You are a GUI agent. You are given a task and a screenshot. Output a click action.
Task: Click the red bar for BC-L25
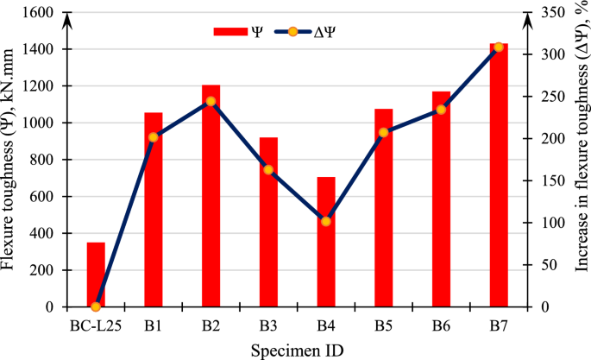(96, 275)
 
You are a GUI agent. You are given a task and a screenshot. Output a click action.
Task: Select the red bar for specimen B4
(325, 242)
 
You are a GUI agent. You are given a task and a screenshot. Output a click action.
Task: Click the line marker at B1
(154, 137)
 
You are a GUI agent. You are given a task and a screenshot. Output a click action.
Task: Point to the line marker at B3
(268, 170)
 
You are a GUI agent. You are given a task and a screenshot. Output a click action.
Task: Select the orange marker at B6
(441, 110)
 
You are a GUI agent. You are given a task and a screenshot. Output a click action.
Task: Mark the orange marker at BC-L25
(96, 306)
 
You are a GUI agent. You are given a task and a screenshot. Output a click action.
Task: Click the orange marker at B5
(383, 132)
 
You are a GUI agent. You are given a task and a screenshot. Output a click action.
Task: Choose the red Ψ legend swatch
(229, 32)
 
